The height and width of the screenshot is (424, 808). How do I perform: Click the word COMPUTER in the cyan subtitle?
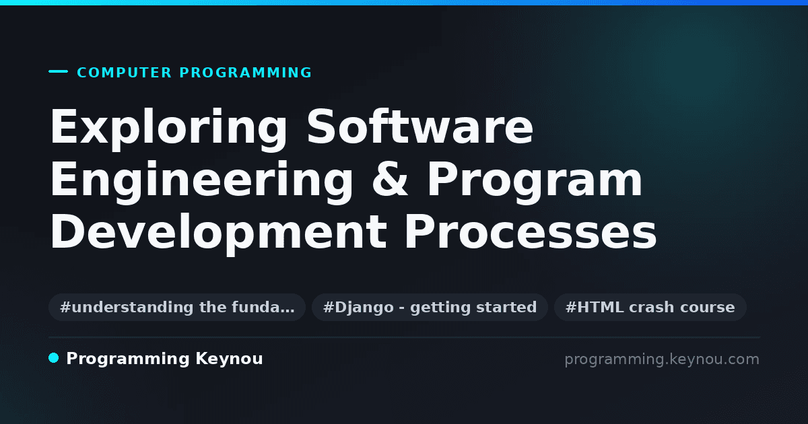124,73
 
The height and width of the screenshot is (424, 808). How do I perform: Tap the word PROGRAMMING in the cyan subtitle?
245,73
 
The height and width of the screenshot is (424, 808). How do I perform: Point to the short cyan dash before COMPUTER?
58,71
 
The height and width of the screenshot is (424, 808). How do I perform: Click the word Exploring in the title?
168,128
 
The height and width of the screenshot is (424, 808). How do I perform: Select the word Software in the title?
420,127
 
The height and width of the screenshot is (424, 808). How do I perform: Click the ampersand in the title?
390,179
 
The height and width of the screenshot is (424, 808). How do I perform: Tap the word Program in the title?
535,181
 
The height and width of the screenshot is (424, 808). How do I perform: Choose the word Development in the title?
219,234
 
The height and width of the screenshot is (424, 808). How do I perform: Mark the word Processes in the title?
531,232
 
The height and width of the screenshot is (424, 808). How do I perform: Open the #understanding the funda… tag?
177,307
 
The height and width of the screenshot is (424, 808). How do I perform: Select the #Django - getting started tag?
430,307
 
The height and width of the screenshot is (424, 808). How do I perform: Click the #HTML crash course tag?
650,307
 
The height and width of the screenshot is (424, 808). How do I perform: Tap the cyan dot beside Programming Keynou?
54,358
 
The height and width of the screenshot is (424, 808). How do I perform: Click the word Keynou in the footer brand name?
229,359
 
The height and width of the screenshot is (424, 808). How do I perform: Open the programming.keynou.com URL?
662,359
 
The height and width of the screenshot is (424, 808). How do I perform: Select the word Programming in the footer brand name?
128,359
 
